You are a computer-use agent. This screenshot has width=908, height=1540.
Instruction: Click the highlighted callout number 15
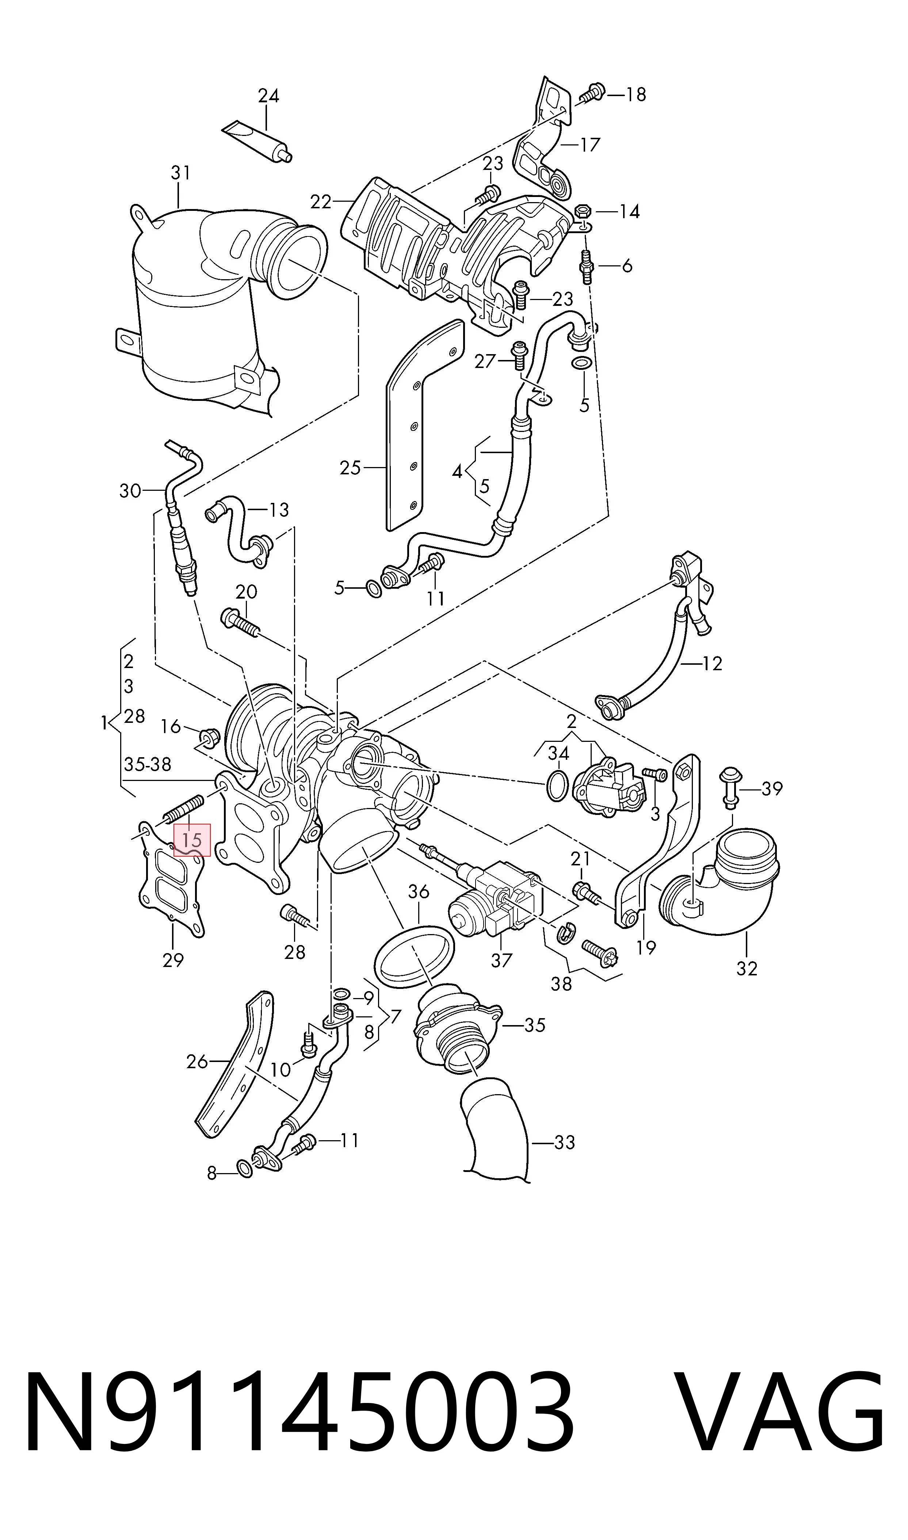pos(192,840)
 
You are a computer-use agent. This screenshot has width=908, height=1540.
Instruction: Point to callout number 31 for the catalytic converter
pos(180,173)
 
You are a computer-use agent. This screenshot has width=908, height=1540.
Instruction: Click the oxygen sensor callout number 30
pos(130,491)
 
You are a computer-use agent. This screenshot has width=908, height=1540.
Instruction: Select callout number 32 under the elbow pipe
pos(747,968)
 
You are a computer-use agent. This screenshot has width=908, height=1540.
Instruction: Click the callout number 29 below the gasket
pos(173,960)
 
